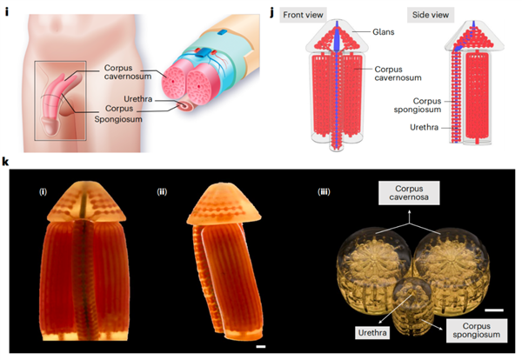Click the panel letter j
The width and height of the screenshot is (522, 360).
[274, 12]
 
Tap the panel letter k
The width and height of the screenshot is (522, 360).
[7, 163]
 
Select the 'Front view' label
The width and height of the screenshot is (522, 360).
[300, 14]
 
